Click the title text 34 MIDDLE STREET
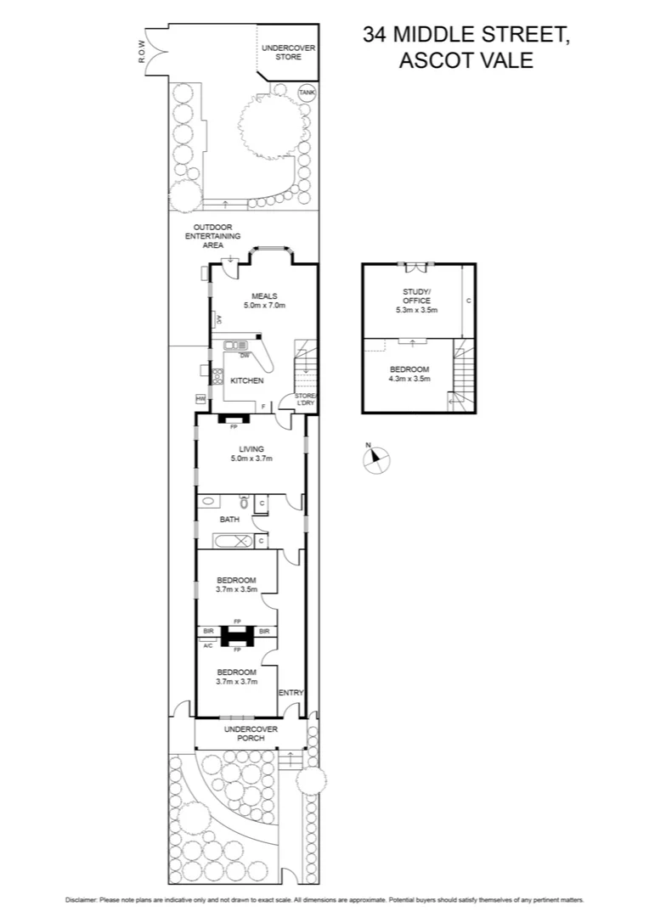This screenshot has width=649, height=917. coord(466,35)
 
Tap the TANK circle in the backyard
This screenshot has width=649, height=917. coord(306,92)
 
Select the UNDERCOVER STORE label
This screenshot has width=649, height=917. coord(288,53)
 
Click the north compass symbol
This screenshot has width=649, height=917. coord(376,459)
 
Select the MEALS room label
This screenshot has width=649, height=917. coord(264,295)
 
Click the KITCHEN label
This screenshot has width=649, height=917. coord(247,381)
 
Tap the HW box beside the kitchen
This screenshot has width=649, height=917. coord(201,399)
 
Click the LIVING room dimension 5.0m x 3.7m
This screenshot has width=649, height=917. coord(251,458)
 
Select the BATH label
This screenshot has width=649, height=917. coord(229,519)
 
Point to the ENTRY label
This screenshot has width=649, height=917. coord(291,693)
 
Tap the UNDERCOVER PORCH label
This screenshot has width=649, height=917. coord(251,734)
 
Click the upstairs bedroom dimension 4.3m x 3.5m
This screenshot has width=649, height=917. coord(409,379)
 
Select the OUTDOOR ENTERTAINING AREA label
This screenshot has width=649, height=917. coord(213,236)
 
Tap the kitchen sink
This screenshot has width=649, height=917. coord(235,345)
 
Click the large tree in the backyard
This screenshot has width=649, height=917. coord(264,123)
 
